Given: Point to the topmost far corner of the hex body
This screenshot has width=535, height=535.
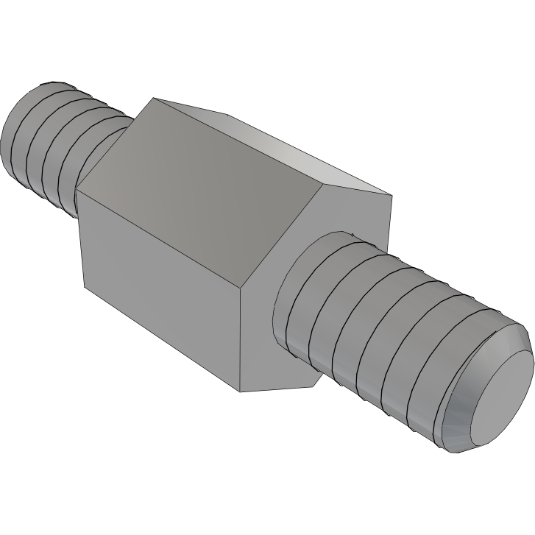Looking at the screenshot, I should [x=152, y=98].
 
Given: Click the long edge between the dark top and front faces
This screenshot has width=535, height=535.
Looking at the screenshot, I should [x=162, y=235].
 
